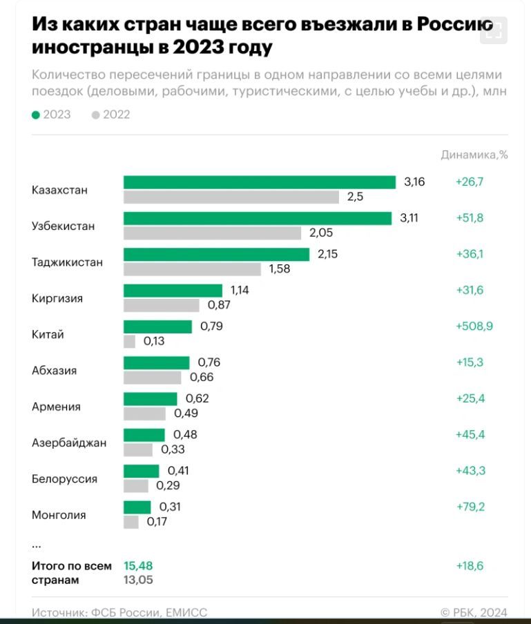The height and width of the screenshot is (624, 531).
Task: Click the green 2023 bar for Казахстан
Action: (x=259, y=182)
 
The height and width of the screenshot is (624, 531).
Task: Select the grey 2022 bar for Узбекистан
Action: (x=212, y=233)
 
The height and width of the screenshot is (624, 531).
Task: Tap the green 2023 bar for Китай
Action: (x=157, y=326)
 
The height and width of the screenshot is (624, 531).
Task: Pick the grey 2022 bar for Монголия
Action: (x=131, y=522)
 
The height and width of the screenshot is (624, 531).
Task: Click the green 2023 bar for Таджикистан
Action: (x=216, y=254)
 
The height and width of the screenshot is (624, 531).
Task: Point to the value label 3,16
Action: (x=414, y=182)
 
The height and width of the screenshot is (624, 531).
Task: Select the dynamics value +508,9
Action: (x=474, y=326)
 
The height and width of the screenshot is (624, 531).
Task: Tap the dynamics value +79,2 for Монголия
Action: (x=470, y=507)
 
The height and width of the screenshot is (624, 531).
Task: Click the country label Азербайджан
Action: (x=69, y=442)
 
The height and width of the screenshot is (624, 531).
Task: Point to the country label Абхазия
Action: (x=54, y=371)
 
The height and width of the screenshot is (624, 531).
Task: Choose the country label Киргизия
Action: (x=57, y=298)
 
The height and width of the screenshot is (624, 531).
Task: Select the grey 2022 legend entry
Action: (x=110, y=115)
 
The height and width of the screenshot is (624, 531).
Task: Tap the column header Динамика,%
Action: (x=474, y=155)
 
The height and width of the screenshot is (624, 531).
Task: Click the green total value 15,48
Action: (x=138, y=566)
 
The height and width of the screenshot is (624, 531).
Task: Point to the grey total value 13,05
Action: (x=138, y=581)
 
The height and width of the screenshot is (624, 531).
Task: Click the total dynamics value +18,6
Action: (x=470, y=566)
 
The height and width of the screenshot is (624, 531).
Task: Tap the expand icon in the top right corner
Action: (x=493, y=30)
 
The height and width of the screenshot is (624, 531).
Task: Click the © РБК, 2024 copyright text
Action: (x=474, y=612)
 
